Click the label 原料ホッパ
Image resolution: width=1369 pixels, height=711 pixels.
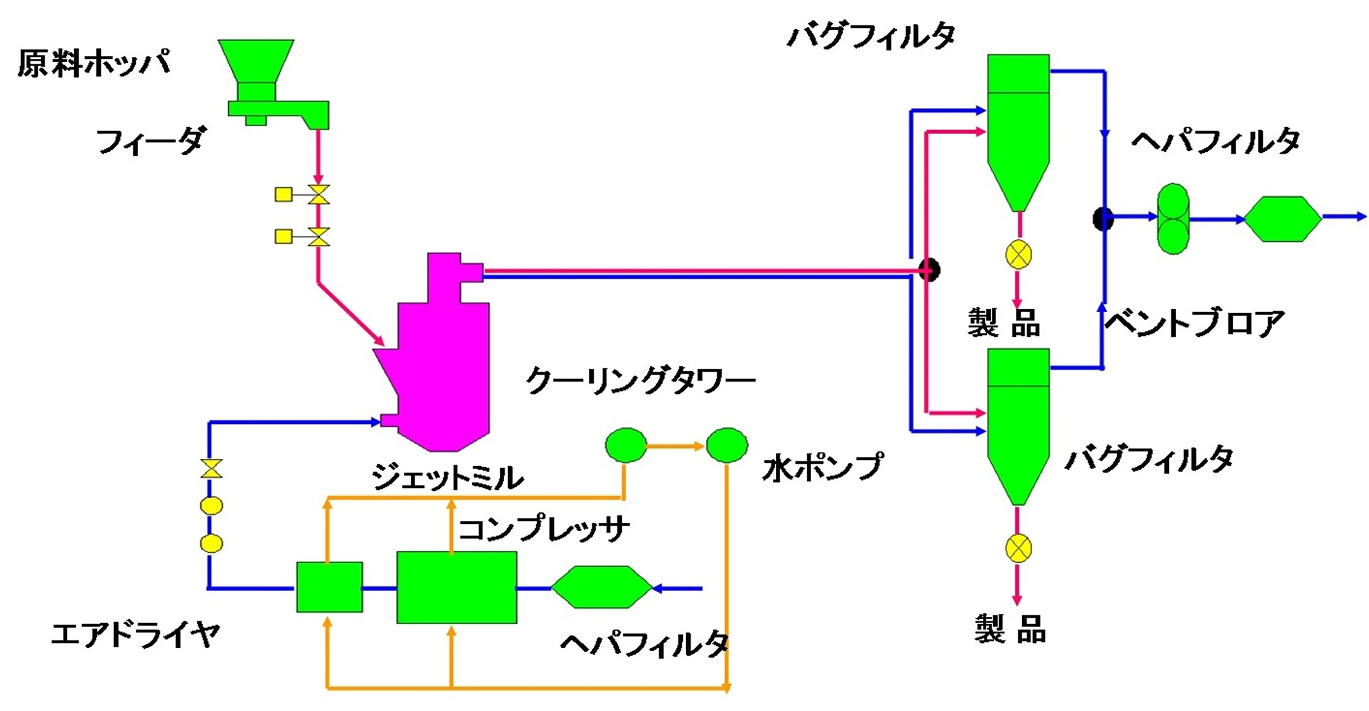click(94, 63)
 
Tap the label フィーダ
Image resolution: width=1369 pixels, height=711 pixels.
click(151, 141)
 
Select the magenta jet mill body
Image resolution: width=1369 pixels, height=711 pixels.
click(442, 365)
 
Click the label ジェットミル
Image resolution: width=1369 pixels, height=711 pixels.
click(447, 477)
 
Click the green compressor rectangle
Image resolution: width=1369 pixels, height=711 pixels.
click(457, 587)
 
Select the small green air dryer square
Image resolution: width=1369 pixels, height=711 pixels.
click(329, 587)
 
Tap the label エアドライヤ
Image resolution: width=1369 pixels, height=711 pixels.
click(135, 635)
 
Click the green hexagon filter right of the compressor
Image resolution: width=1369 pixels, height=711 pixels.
click(601, 587)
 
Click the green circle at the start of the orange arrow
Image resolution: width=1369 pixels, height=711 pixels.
click(626, 445)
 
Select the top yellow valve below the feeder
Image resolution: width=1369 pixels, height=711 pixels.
click(318, 195)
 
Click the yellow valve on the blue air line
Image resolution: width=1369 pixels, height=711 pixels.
click(211, 468)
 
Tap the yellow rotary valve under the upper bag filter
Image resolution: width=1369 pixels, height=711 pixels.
click(1018, 254)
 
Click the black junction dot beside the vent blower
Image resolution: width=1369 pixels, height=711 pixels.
click(1103, 219)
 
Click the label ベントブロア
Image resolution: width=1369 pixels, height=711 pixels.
click(1194, 323)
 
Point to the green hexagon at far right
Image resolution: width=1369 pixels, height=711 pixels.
click(1282, 219)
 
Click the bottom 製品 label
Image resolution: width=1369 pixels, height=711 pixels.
click(1010, 629)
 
